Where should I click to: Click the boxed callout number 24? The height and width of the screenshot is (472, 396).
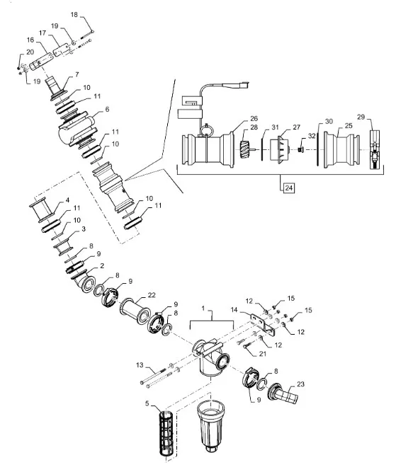tap(289, 188)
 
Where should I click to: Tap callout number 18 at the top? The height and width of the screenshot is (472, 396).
tap(74, 15)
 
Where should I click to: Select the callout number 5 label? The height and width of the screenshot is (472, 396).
tap(147, 403)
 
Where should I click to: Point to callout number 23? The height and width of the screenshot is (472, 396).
tap(300, 384)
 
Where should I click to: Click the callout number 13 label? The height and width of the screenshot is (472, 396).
tap(140, 365)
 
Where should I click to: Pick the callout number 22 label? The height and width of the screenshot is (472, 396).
tap(152, 294)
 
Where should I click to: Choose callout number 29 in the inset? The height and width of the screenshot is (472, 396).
tap(361, 117)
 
